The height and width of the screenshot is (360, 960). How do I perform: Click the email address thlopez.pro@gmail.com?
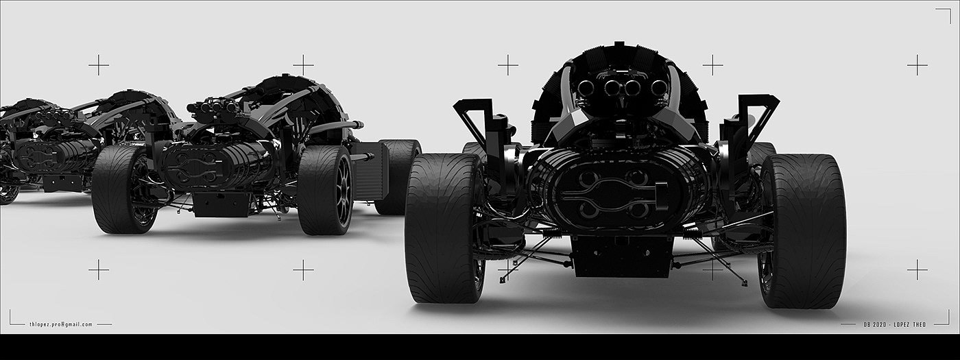tap(61, 324)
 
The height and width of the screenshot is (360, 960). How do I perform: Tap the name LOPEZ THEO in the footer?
tap(910, 324)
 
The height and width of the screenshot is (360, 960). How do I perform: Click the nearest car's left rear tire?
tap(444, 228)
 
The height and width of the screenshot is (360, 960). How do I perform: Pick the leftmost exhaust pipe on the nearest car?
tap(585, 88)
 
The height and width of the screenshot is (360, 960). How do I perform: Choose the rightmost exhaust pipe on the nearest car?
tap(658, 88)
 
